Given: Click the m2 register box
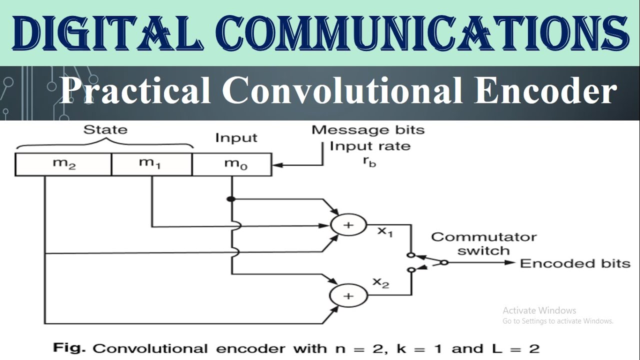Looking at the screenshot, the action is pos(63,164).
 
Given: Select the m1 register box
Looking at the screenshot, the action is pos(151,164).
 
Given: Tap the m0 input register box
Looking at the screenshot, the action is pos(232,164).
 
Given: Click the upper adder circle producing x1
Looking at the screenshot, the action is pos(348,225).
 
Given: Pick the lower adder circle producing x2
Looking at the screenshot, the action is pos(348,296).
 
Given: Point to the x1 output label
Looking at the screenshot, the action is pos(384,232).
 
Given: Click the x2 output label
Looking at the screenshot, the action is pos(380,282).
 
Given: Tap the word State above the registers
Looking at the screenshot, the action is pos(105,130).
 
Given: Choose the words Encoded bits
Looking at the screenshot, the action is pos(575,263).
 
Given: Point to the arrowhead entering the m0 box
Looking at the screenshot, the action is pos(276,164).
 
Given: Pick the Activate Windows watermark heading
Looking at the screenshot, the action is pos(539,310).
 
